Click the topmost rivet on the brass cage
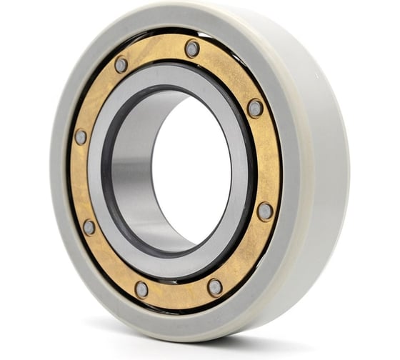[192, 49]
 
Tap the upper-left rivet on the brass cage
[121, 64]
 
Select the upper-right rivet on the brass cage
[255, 108]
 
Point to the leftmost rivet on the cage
[81, 136]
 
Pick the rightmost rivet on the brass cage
[264, 211]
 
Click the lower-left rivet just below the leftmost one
[89, 226]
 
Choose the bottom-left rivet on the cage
[142, 289]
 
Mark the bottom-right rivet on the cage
[214, 286]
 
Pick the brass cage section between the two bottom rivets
[179, 292]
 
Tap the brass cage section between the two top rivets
[157, 51]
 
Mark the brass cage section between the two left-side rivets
[80, 182]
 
